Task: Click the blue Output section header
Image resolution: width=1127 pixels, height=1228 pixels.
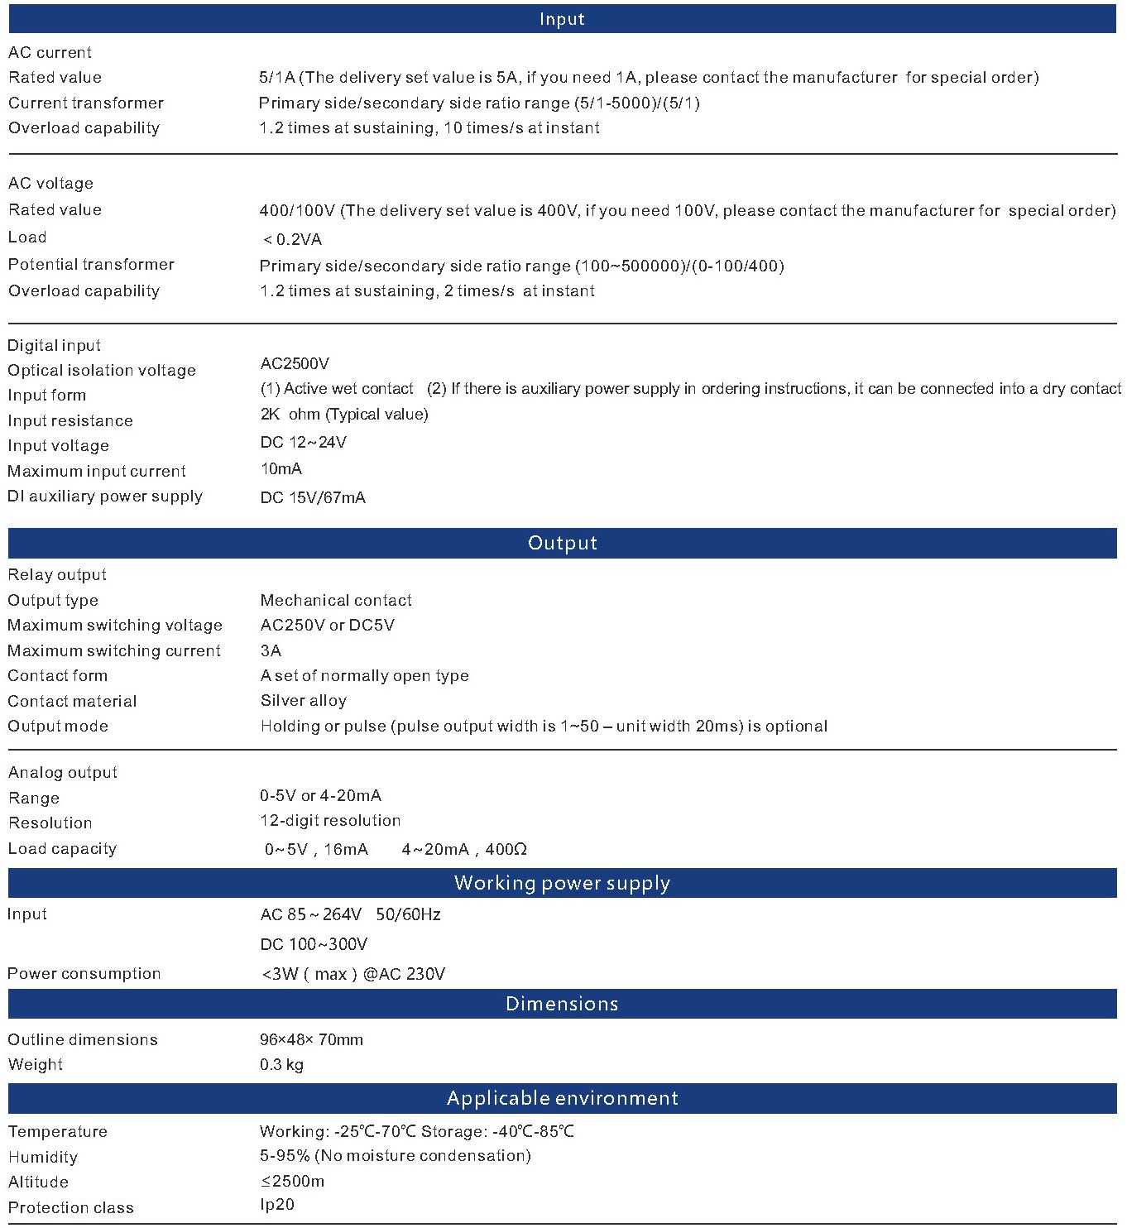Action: click(563, 543)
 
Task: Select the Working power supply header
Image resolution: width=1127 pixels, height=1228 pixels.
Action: click(563, 883)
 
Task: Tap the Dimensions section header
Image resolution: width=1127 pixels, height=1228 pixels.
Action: click(563, 1004)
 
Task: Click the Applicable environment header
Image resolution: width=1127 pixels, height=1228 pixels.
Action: click(563, 1098)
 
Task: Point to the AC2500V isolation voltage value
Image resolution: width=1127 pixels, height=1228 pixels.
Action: click(295, 363)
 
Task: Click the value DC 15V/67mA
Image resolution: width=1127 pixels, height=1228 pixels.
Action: click(313, 497)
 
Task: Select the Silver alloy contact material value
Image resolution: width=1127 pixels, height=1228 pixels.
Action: click(304, 700)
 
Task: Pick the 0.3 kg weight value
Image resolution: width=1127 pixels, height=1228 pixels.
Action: click(281, 1064)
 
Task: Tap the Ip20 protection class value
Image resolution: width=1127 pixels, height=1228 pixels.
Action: click(277, 1204)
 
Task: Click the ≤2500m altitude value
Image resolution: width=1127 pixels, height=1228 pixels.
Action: click(292, 1181)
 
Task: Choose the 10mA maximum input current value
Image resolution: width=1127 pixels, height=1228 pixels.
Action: click(281, 468)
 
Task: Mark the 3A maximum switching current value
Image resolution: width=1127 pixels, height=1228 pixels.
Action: click(271, 650)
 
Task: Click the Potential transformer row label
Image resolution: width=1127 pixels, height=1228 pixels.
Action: click(91, 264)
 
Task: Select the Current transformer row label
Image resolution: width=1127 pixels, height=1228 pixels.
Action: click(86, 103)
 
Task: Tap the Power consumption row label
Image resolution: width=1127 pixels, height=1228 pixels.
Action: click(84, 973)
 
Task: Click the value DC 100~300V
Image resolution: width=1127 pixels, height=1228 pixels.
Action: click(314, 944)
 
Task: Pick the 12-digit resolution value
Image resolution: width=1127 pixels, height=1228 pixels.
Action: click(330, 820)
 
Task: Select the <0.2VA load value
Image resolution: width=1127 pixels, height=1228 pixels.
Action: click(292, 239)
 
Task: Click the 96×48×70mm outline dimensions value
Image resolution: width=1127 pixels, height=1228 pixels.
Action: click(311, 1039)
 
